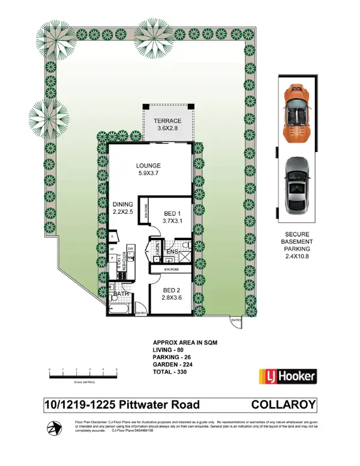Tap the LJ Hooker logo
(287, 377)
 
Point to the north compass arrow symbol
(55, 428)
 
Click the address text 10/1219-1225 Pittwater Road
(122, 405)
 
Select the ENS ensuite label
(172, 252)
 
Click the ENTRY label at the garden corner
(236, 321)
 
